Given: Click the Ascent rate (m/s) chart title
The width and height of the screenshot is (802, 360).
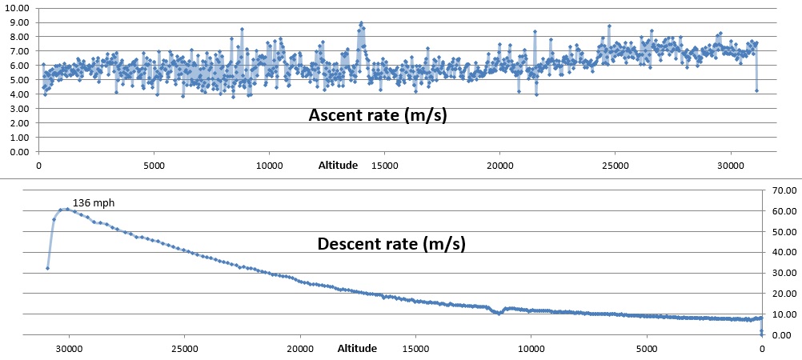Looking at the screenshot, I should pyautogui.click(x=378, y=115).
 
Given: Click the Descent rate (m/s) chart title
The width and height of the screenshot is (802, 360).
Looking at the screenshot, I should pyautogui.click(x=391, y=243).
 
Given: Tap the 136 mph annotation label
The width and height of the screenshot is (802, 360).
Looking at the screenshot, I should pyautogui.click(x=94, y=203).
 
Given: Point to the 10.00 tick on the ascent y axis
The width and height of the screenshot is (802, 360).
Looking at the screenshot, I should pyautogui.click(x=17, y=8).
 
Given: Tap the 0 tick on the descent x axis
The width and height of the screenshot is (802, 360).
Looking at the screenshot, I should pyautogui.click(x=762, y=349).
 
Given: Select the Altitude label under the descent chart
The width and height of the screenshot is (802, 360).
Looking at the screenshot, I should pyautogui.click(x=357, y=349).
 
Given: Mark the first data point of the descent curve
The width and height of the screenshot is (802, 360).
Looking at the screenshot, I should pyautogui.click(x=47, y=268).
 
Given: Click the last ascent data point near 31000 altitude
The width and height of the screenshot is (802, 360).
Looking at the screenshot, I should pyautogui.click(x=756, y=90).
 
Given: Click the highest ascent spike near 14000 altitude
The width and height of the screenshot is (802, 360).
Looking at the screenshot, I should pyautogui.click(x=361, y=23).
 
